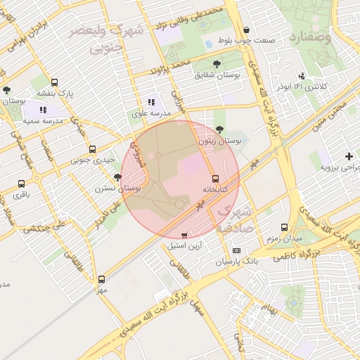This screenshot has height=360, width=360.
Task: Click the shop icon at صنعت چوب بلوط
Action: [x=246, y=30]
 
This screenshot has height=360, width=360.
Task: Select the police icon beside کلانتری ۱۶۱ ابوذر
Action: [x=302, y=76]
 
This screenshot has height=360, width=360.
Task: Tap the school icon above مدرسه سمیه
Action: [x=42, y=110]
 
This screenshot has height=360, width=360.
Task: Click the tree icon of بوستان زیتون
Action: [x=221, y=129]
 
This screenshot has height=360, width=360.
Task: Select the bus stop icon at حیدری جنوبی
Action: [x=93, y=149]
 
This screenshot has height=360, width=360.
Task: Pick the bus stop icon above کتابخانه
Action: [x=215, y=179]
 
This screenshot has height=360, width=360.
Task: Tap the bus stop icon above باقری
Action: [x=21, y=184]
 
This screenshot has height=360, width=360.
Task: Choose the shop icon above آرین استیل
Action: [x=184, y=236]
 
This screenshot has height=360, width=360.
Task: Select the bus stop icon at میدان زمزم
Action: [x=284, y=227]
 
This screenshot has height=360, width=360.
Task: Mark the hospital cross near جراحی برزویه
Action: [x=349, y=156]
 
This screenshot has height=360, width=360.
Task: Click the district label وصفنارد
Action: [x=314, y=37]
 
